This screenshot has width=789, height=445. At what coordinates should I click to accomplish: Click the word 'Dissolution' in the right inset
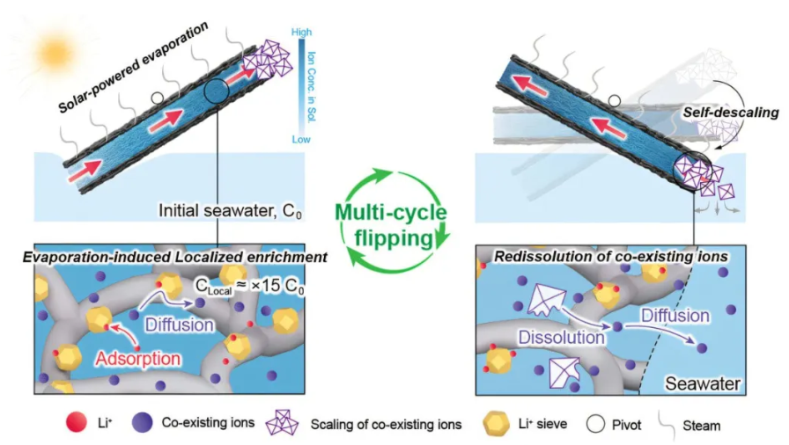click(563, 336)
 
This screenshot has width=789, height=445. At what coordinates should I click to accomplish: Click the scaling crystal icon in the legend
click(284, 424)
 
